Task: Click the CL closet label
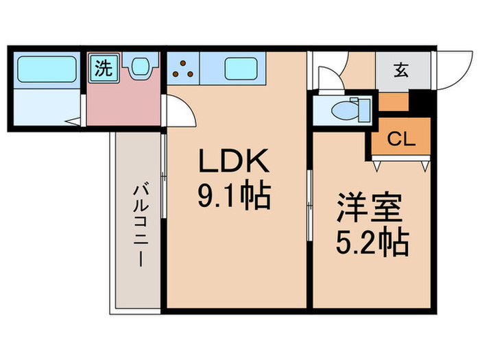click(401, 139)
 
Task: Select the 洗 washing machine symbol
click(103, 68)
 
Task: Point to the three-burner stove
click(184, 69)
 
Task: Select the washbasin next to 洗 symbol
click(141, 67)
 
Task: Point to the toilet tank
click(364, 108)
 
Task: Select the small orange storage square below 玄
click(392, 101)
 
